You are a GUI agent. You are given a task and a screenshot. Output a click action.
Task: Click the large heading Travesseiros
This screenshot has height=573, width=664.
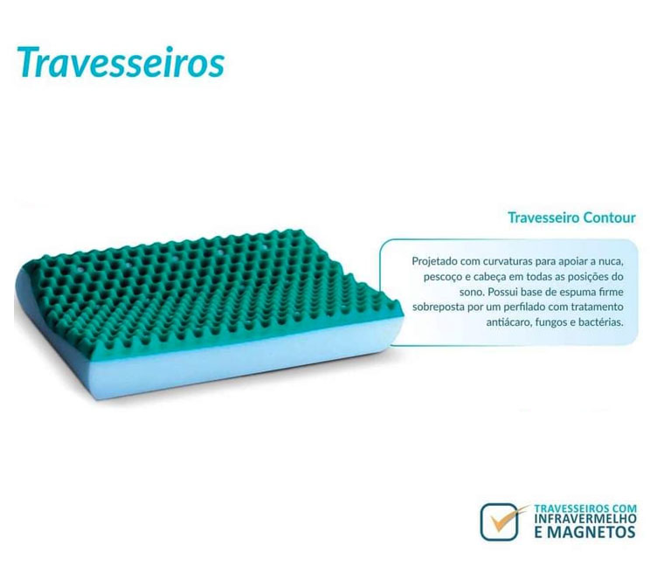[x=121, y=63]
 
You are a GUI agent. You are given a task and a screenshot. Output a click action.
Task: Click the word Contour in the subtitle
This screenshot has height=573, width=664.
[x=609, y=217]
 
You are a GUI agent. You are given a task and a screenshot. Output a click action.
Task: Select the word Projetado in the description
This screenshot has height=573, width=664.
[x=434, y=261]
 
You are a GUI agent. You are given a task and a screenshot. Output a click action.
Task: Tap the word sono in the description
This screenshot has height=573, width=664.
[x=472, y=293]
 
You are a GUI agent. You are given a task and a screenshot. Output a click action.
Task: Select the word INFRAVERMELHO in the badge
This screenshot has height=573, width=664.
[x=585, y=518]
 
